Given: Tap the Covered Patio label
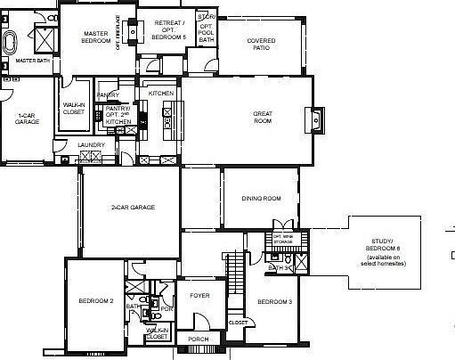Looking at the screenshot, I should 261,43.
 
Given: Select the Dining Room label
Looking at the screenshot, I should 261,198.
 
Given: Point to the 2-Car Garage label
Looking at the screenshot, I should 133,207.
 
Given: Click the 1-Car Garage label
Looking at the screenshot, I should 27,119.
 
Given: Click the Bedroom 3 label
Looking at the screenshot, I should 275,302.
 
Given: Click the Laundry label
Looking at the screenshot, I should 91,144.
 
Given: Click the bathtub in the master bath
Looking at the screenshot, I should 12,43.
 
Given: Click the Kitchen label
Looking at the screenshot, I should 160,93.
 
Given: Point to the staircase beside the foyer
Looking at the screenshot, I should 235,268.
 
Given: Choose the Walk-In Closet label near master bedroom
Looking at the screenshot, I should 73,109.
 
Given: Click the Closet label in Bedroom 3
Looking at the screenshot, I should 238,322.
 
